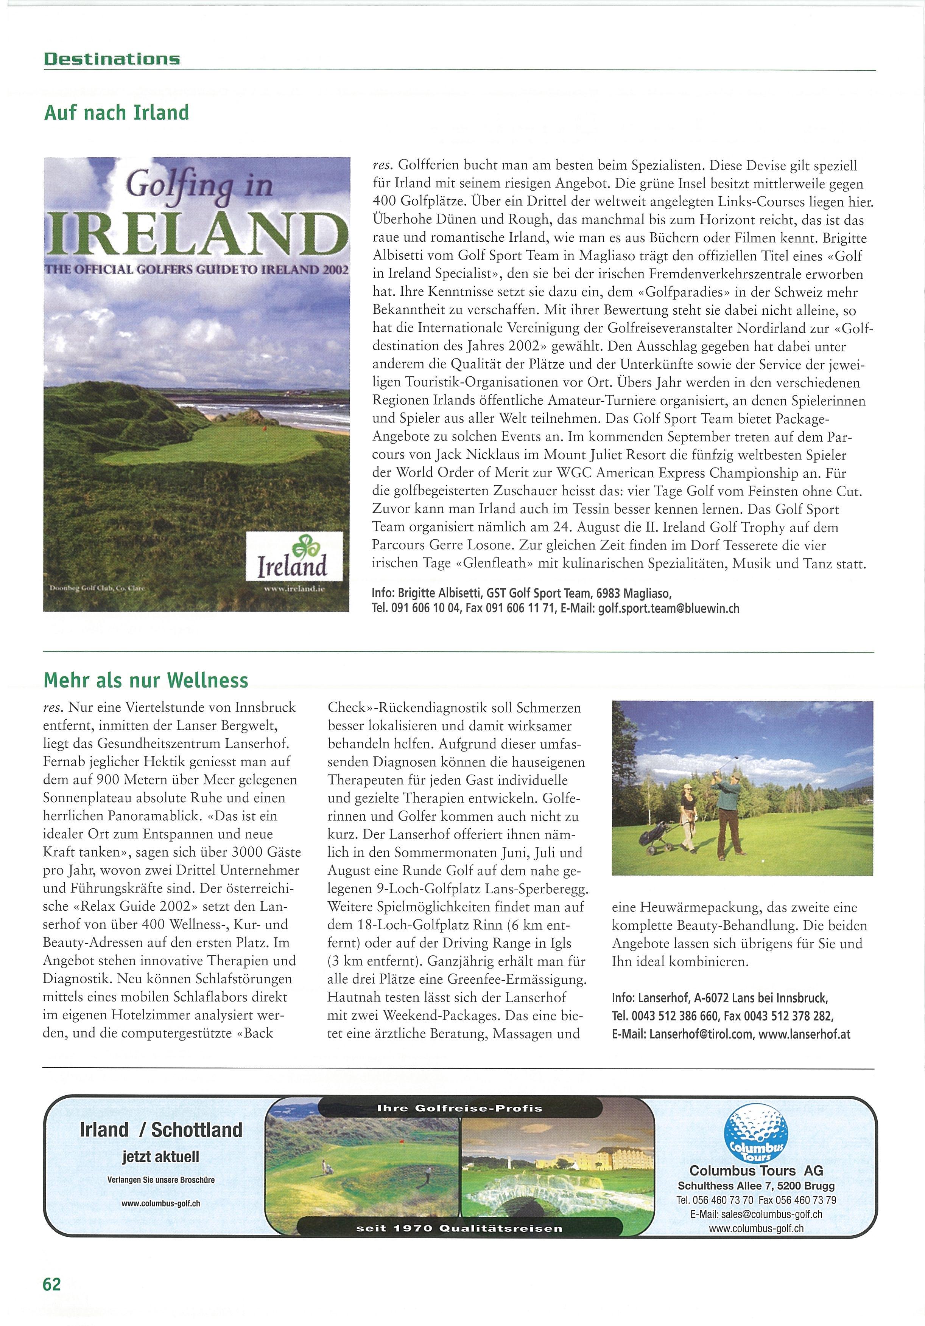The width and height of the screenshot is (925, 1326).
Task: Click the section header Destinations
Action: (112, 59)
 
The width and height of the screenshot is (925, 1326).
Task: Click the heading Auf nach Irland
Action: (116, 112)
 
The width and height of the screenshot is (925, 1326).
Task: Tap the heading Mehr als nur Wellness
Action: (146, 680)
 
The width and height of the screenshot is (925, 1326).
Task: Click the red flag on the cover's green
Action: (263, 430)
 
